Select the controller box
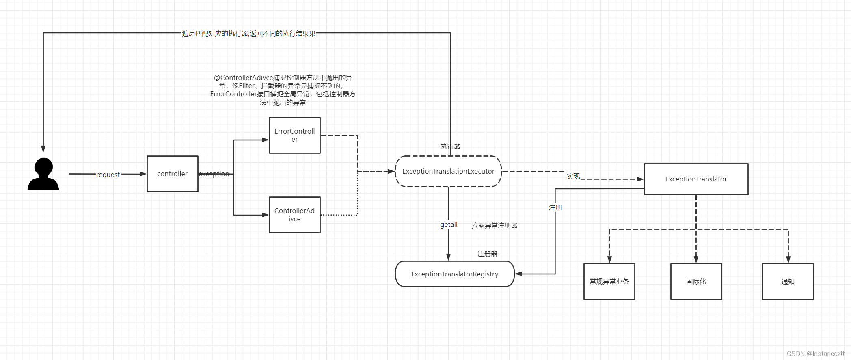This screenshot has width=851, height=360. (172, 174)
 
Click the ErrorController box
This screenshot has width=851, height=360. (294, 135)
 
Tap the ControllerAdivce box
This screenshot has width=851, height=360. (294, 215)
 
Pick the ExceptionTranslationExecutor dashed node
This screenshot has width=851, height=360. (448, 171)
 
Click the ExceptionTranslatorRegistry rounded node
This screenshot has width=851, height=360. (454, 274)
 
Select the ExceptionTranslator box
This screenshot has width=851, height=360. (696, 179)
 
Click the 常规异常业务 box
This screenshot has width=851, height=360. (609, 281)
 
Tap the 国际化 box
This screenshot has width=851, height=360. (696, 281)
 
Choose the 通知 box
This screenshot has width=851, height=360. (788, 281)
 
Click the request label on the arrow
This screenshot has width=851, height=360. (108, 175)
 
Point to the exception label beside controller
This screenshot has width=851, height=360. (214, 174)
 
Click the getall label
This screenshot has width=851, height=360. (449, 224)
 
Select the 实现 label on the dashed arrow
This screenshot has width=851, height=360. (573, 176)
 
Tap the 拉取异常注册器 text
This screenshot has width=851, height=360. (494, 225)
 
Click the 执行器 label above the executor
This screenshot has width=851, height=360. (450, 146)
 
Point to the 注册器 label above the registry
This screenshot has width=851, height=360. (487, 254)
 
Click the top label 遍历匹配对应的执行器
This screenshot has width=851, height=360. (248, 33)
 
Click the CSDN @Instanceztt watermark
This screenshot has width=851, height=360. (815, 354)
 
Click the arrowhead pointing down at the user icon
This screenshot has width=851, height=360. (43, 149)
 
